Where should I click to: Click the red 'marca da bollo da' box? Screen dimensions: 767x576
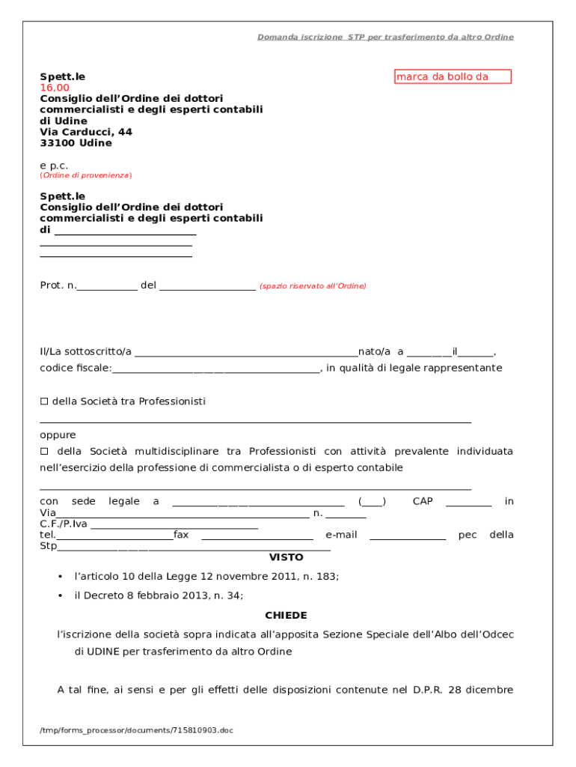[x=453, y=76]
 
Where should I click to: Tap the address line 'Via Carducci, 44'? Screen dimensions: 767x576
[x=86, y=132]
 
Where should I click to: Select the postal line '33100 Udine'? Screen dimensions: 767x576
[x=76, y=143]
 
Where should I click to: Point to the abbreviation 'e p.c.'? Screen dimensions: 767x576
[x=54, y=165]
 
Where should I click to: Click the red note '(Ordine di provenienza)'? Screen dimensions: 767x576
[x=85, y=175]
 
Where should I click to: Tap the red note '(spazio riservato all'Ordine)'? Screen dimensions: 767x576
[x=313, y=286]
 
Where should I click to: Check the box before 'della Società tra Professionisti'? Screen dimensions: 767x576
[x=43, y=402]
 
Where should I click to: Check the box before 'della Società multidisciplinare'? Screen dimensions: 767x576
[x=43, y=452]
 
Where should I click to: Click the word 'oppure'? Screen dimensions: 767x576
[x=58, y=435]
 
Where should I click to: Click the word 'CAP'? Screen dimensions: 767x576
[x=423, y=501]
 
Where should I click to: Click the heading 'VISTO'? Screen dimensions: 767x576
[x=287, y=558]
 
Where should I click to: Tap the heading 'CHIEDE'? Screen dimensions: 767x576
[x=286, y=616]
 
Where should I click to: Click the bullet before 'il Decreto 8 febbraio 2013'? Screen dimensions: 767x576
[x=60, y=596]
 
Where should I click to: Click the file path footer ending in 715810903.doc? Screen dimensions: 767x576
[x=137, y=730]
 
